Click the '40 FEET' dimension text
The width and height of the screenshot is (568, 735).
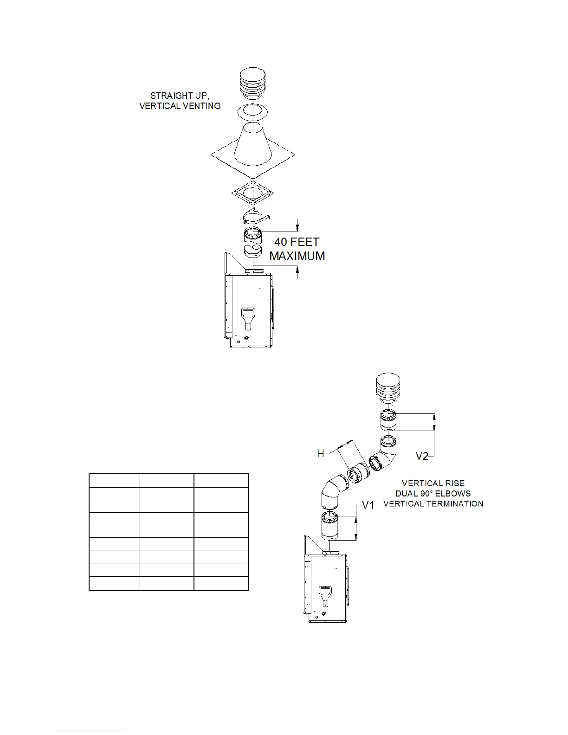click(297, 242)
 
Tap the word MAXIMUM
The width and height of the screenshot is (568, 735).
click(297, 256)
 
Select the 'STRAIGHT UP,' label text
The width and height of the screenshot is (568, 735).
click(179, 96)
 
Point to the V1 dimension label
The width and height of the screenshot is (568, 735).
click(368, 505)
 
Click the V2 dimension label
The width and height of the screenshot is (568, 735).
click(422, 457)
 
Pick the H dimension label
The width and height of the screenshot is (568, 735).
click(321, 453)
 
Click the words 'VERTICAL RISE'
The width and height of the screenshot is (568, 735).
click(433, 484)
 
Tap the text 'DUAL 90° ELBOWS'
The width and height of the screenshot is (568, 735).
click(433, 493)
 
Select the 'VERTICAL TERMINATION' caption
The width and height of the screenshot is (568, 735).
click(433, 503)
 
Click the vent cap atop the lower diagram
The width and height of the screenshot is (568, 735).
click(388, 388)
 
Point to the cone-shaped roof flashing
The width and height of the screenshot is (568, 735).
click(252, 144)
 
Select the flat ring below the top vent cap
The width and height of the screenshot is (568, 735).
click(252, 111)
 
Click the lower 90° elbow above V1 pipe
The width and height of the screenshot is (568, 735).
click(333, 491)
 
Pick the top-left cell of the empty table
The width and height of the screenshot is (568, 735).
click(114, 480)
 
